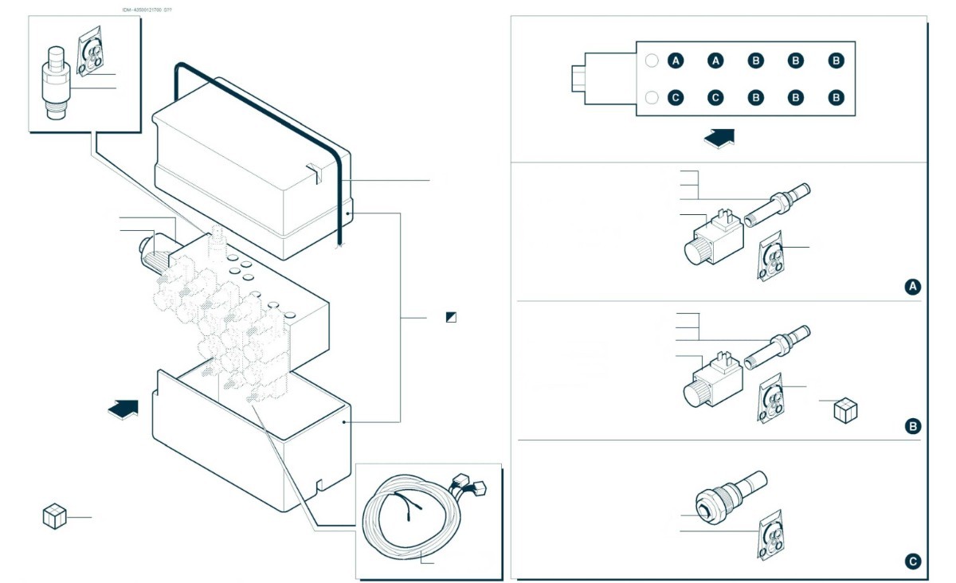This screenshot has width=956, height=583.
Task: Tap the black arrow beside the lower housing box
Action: coord(123,408)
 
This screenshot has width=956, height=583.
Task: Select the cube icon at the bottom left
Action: coord(53,516)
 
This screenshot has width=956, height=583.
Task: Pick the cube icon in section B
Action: coord(844,410)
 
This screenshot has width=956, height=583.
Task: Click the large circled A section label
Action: coord(913,287)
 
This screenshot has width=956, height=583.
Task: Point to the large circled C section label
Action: coord(913,561)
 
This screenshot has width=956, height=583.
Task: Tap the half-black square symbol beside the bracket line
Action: coord(452,317)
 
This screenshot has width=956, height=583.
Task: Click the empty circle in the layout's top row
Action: coord(651,60)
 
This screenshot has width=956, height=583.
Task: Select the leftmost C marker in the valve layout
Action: coord(676,97)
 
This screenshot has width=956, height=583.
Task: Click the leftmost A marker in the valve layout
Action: coord(676,60)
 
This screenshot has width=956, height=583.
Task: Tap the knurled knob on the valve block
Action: coord(153,252)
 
